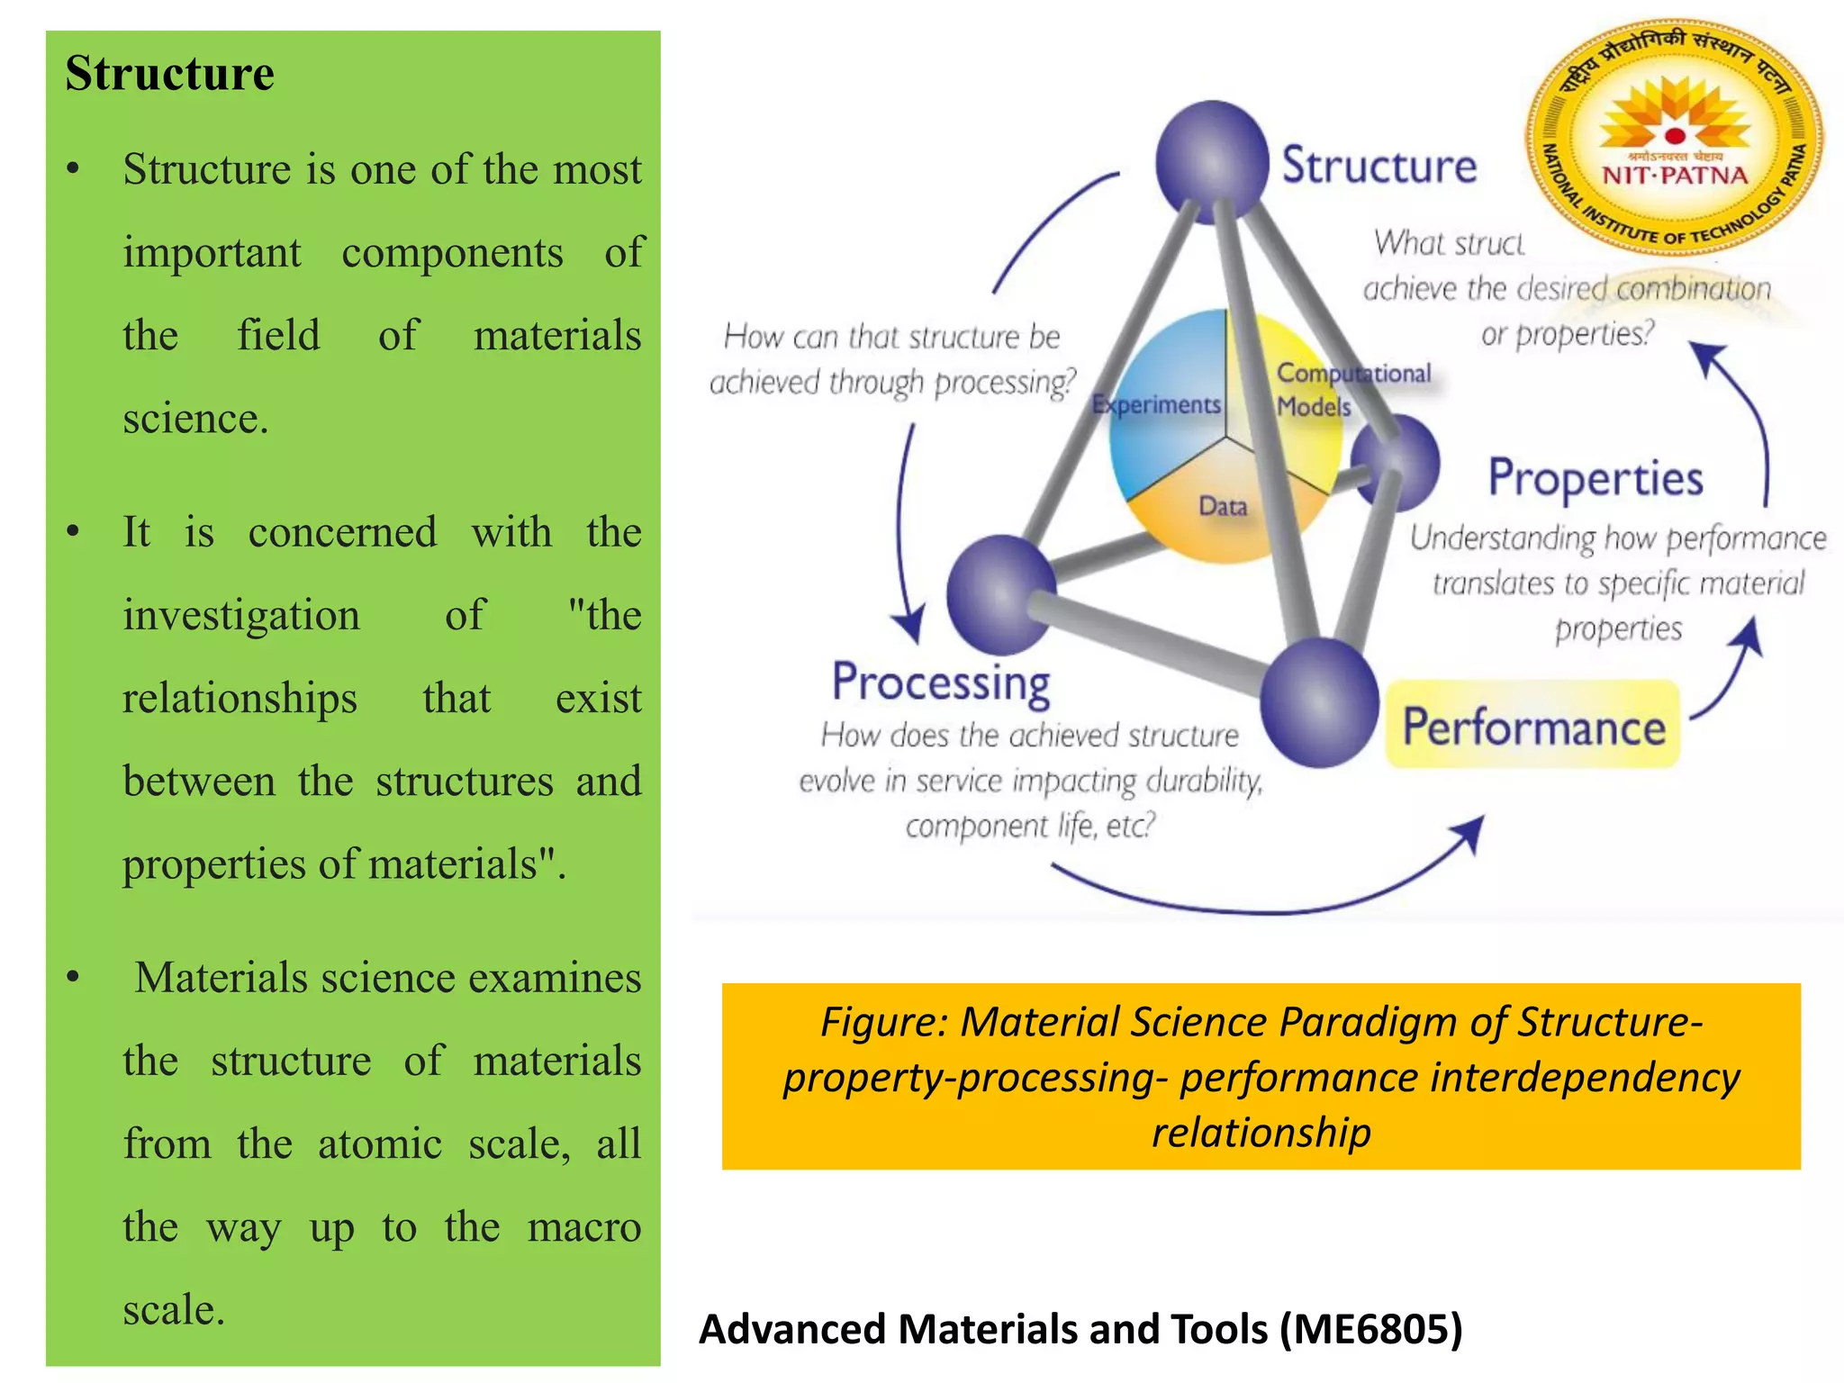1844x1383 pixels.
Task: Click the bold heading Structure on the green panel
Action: point(169,73)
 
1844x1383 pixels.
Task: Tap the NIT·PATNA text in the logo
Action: point(1675,175)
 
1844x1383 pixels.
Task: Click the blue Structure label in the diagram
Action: point(1378,166)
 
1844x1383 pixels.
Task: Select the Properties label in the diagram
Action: point(1595,478)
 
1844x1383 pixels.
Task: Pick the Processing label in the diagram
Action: point(941,682)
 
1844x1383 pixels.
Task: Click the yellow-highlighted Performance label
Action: point(1533,727)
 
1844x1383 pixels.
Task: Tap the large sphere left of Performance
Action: point(1319,701)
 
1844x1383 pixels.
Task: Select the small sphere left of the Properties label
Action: point(1397,463)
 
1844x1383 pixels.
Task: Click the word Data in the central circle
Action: point(1223,507)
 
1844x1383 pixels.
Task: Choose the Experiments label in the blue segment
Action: point(1156,405)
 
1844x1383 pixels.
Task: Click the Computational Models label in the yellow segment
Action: point(1351,389)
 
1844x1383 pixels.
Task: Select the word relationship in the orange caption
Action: point(1261,1132)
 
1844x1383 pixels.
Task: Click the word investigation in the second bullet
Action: point(241,616)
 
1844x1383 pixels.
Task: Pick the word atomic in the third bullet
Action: point(379,1144)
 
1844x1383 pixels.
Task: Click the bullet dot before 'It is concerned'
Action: point(73,532)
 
